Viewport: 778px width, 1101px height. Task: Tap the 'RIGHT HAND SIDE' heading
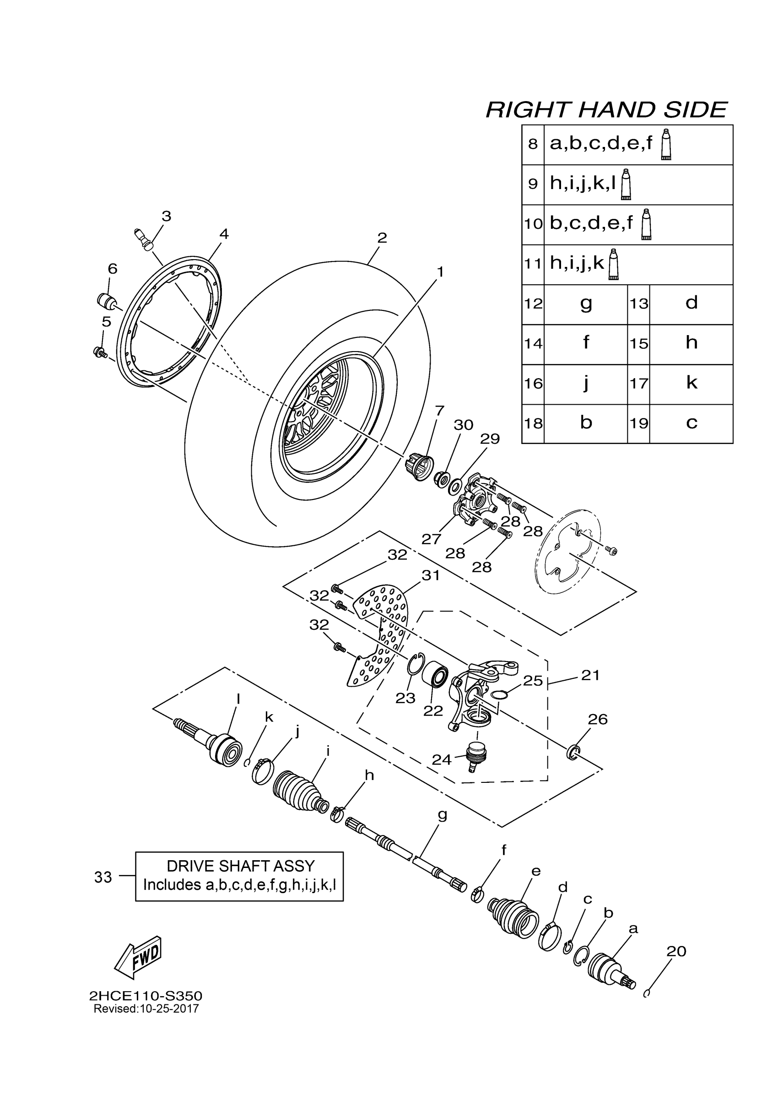[x=606, y=110]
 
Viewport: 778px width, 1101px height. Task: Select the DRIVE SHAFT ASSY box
[x=239, y=876]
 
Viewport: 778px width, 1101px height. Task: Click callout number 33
[x=103, y=877]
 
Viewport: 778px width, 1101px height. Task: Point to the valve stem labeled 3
[x=142, y=239]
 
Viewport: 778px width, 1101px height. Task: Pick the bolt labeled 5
[x=100, y=353]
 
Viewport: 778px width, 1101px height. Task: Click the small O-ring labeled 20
[x=647, y=993]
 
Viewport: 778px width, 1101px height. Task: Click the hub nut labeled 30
[x=441, y=478]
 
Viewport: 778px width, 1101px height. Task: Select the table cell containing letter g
[x=586, y=304]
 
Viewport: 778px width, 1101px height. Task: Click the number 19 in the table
[x=638, y=423]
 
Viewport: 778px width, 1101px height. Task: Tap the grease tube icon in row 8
[x=666, y=144]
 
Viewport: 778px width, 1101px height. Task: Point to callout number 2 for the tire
[x=382, y=238]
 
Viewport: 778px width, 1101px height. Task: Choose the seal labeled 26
[x=573, y=752]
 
